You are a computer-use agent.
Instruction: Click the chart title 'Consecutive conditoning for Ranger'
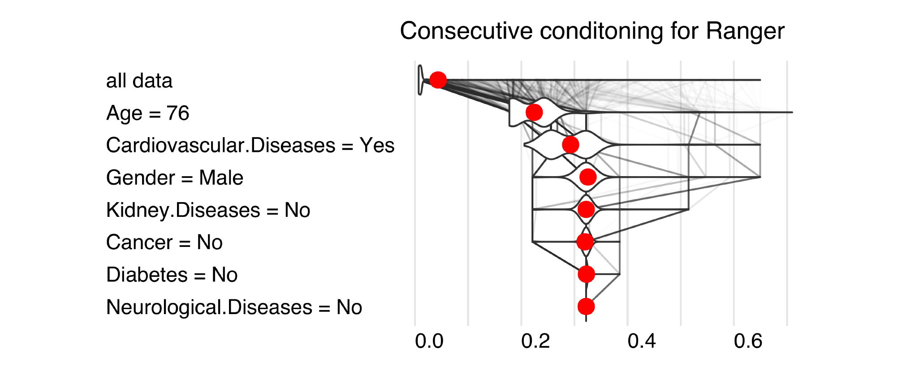[x=592, y=31]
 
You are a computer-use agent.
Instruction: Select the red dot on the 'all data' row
[x=438, y=80]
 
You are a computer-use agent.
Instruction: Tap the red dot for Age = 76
[x=534, y=112]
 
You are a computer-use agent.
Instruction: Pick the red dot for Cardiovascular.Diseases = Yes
[x=570, y=145]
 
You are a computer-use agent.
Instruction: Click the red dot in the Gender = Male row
[x=588, y=177]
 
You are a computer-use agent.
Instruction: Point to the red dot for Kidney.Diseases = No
[x=586, y=209]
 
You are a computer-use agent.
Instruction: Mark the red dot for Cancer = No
[x=585, y=242]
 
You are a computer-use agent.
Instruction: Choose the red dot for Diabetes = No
[x=586, y=274]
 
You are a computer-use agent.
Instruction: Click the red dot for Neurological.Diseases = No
[x=586, y=307]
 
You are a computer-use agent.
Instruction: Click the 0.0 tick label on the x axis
[x=429, y=341]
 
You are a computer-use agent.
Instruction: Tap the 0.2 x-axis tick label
[x=535, y=341]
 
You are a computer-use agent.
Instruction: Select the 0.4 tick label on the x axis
[x=641, y=341]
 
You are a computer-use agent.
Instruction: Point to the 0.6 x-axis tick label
[x=748, y=341]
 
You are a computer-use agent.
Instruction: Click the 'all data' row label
[x=139, y=81]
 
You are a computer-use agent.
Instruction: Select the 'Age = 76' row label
[x=147, y=113]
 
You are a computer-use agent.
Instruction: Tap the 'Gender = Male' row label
[x=175, y=178]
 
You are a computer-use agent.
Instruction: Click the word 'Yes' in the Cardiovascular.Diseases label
[x=377, y=146]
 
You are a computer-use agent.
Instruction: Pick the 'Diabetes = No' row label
[x=172, y=275]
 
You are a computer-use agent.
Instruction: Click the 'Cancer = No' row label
[x=164, y=243]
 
